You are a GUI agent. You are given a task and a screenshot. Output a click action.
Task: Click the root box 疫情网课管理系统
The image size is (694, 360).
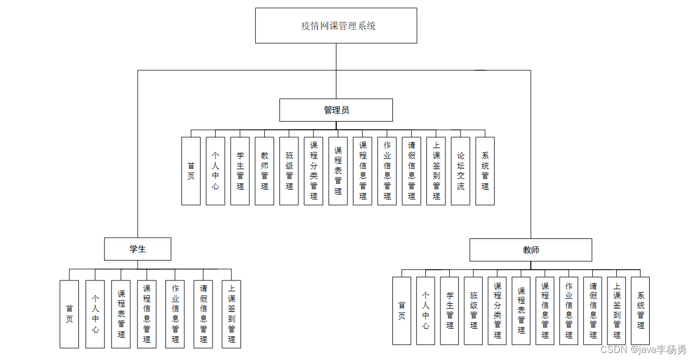336,26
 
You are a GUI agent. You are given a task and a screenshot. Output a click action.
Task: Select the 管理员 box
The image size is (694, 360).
336,110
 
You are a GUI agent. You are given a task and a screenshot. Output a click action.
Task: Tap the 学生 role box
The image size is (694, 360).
138,249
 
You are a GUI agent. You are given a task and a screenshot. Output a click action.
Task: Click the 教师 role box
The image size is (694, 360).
531,250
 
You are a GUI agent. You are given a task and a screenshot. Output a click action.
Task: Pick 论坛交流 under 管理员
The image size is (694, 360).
461,171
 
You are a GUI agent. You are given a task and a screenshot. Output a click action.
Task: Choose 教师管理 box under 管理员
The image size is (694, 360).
264,171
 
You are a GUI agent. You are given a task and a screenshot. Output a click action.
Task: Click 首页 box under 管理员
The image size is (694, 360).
191,171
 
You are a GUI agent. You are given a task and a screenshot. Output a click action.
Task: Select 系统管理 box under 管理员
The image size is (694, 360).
485,171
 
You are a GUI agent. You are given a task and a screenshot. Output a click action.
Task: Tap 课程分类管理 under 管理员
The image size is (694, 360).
313,171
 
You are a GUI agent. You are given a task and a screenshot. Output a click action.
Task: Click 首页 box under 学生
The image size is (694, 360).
69,314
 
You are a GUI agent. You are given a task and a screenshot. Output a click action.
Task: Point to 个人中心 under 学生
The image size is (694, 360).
95,314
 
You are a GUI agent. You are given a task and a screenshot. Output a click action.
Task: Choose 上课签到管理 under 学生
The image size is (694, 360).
231,314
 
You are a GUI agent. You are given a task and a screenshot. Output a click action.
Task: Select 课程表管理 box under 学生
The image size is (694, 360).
121,314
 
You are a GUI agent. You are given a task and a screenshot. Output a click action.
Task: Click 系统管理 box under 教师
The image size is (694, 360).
640,311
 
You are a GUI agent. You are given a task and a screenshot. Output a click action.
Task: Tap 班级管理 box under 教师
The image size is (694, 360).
473,311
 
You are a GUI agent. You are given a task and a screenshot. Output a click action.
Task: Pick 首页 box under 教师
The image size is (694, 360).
402,311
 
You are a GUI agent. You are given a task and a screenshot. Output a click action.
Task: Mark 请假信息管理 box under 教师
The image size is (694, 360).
593,311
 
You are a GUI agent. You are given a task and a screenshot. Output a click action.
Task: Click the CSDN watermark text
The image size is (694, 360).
643,350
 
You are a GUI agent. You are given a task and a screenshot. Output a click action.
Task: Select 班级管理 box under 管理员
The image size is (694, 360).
289,171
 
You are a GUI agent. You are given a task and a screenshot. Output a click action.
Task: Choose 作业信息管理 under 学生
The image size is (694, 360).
175,314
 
